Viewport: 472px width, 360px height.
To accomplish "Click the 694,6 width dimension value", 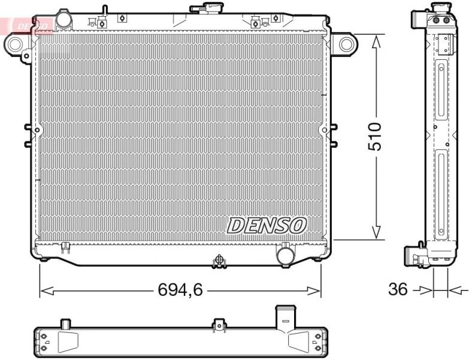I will pyautogui.click(x=180, y=291).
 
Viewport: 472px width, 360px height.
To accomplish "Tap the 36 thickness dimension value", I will pyautogui.click(x=398, y=290).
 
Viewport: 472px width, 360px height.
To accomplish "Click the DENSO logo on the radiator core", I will pyautogui.click(x=267, y=225).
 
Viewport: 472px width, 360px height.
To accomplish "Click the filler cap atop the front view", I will pyautogui.click(x=205, y=8).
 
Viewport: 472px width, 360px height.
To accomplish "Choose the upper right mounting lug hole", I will pyautogui.click(x=346, y=43).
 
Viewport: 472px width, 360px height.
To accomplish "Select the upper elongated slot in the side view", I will pyautogui.click(x=441, y=90).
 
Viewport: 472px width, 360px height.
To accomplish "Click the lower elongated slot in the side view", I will pyautogui.click(x=441, y=195).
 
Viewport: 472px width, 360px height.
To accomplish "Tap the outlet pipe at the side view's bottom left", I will pyautogui.click(x=413, y=256).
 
